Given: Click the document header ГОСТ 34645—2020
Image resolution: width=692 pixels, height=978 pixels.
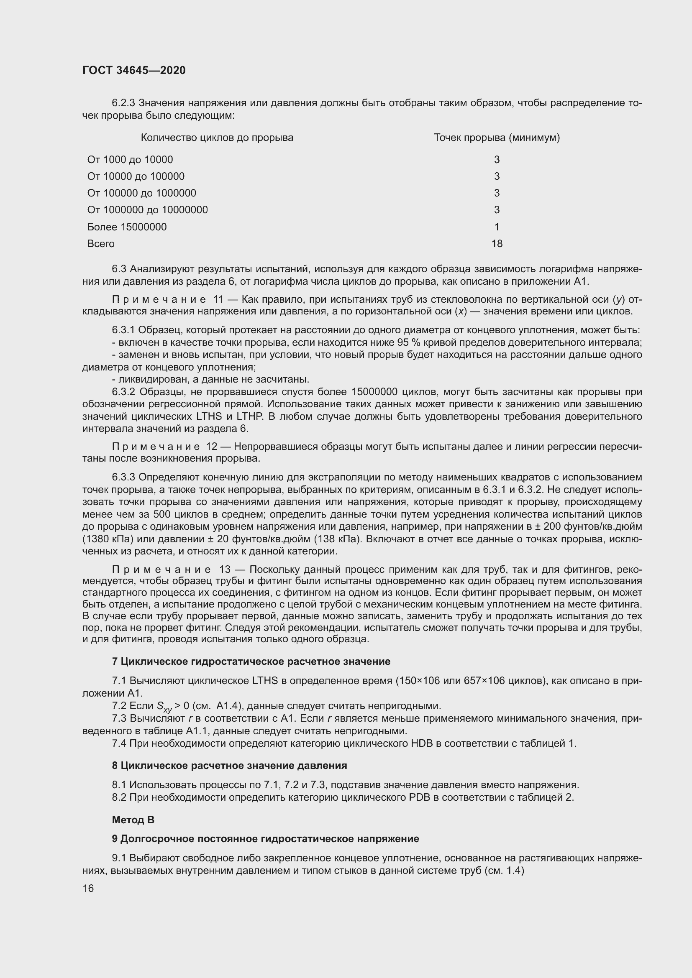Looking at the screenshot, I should (134, 70).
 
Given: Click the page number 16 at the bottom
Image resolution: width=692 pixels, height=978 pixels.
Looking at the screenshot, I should (88, 888).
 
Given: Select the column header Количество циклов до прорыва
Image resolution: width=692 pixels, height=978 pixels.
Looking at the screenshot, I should (217, 138).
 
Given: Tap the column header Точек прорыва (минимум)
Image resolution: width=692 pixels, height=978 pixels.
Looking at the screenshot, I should (497, 138).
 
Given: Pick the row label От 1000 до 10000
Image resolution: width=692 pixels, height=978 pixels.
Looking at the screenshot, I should (130, 160).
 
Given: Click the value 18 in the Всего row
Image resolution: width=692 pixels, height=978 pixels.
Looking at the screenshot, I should (497, 244).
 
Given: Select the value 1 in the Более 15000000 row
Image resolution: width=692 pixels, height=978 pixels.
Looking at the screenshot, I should (497, 227).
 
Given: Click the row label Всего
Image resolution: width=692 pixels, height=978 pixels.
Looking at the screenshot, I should (100, 244).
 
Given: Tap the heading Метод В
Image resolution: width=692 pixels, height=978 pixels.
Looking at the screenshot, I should (133, 820).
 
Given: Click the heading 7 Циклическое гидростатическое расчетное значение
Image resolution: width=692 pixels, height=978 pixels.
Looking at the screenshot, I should (251, 661).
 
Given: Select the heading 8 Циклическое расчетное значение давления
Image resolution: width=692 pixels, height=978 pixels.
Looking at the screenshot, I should (229, 766).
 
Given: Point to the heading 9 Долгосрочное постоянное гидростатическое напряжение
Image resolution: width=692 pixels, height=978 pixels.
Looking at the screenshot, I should (265, 839).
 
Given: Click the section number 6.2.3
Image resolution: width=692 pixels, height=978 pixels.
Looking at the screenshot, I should (123, 103).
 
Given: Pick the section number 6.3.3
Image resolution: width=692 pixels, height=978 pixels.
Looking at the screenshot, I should (123, 477).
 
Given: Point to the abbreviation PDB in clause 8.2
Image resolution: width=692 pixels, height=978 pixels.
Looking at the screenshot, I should (420, 797).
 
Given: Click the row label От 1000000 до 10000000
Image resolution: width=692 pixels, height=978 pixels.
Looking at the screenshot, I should (147, 210).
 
